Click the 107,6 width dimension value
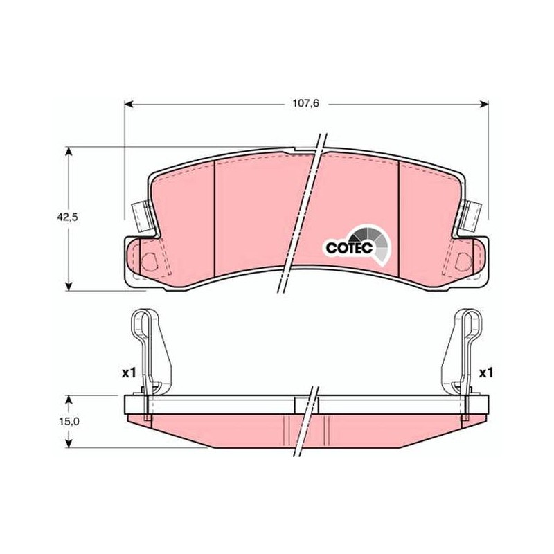click(305, 103)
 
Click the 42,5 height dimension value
click(67, 217)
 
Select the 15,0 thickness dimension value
click(69, 421)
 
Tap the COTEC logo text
click(349, 248)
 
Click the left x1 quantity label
click(129, 373)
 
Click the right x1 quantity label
click(486, 373)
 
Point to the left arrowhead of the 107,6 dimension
click(129, 104)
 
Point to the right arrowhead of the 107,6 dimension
click(484, 104)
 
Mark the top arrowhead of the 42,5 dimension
click(69, 151)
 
